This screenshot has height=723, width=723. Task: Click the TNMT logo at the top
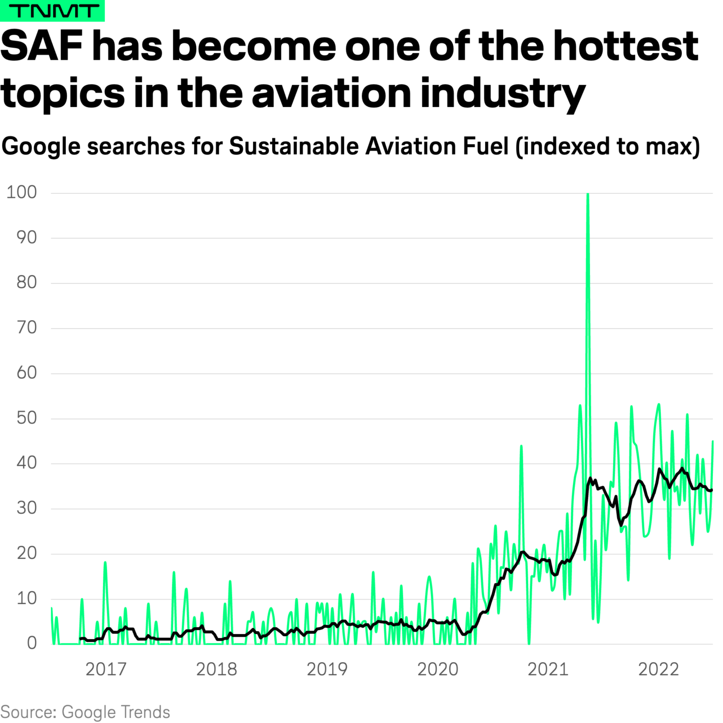(52, 11)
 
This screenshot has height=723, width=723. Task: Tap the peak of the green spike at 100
(587, 194)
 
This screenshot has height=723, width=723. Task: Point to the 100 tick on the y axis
(22, 192)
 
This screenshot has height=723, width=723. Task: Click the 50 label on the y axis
(27, 418)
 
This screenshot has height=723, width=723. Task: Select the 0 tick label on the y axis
(32, 643)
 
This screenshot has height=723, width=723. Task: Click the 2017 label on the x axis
(106, 669)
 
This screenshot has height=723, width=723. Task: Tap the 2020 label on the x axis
(438, 669)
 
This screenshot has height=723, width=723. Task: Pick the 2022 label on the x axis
(658, 669)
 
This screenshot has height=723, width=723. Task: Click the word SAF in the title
(42, 46)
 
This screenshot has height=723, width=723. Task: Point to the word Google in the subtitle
(41, 147)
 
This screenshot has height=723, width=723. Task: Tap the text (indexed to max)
(608, 147)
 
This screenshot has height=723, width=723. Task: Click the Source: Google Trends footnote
(85, 712)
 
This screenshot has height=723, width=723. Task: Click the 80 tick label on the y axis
(27, 282)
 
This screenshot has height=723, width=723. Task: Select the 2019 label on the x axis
(327, 669)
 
